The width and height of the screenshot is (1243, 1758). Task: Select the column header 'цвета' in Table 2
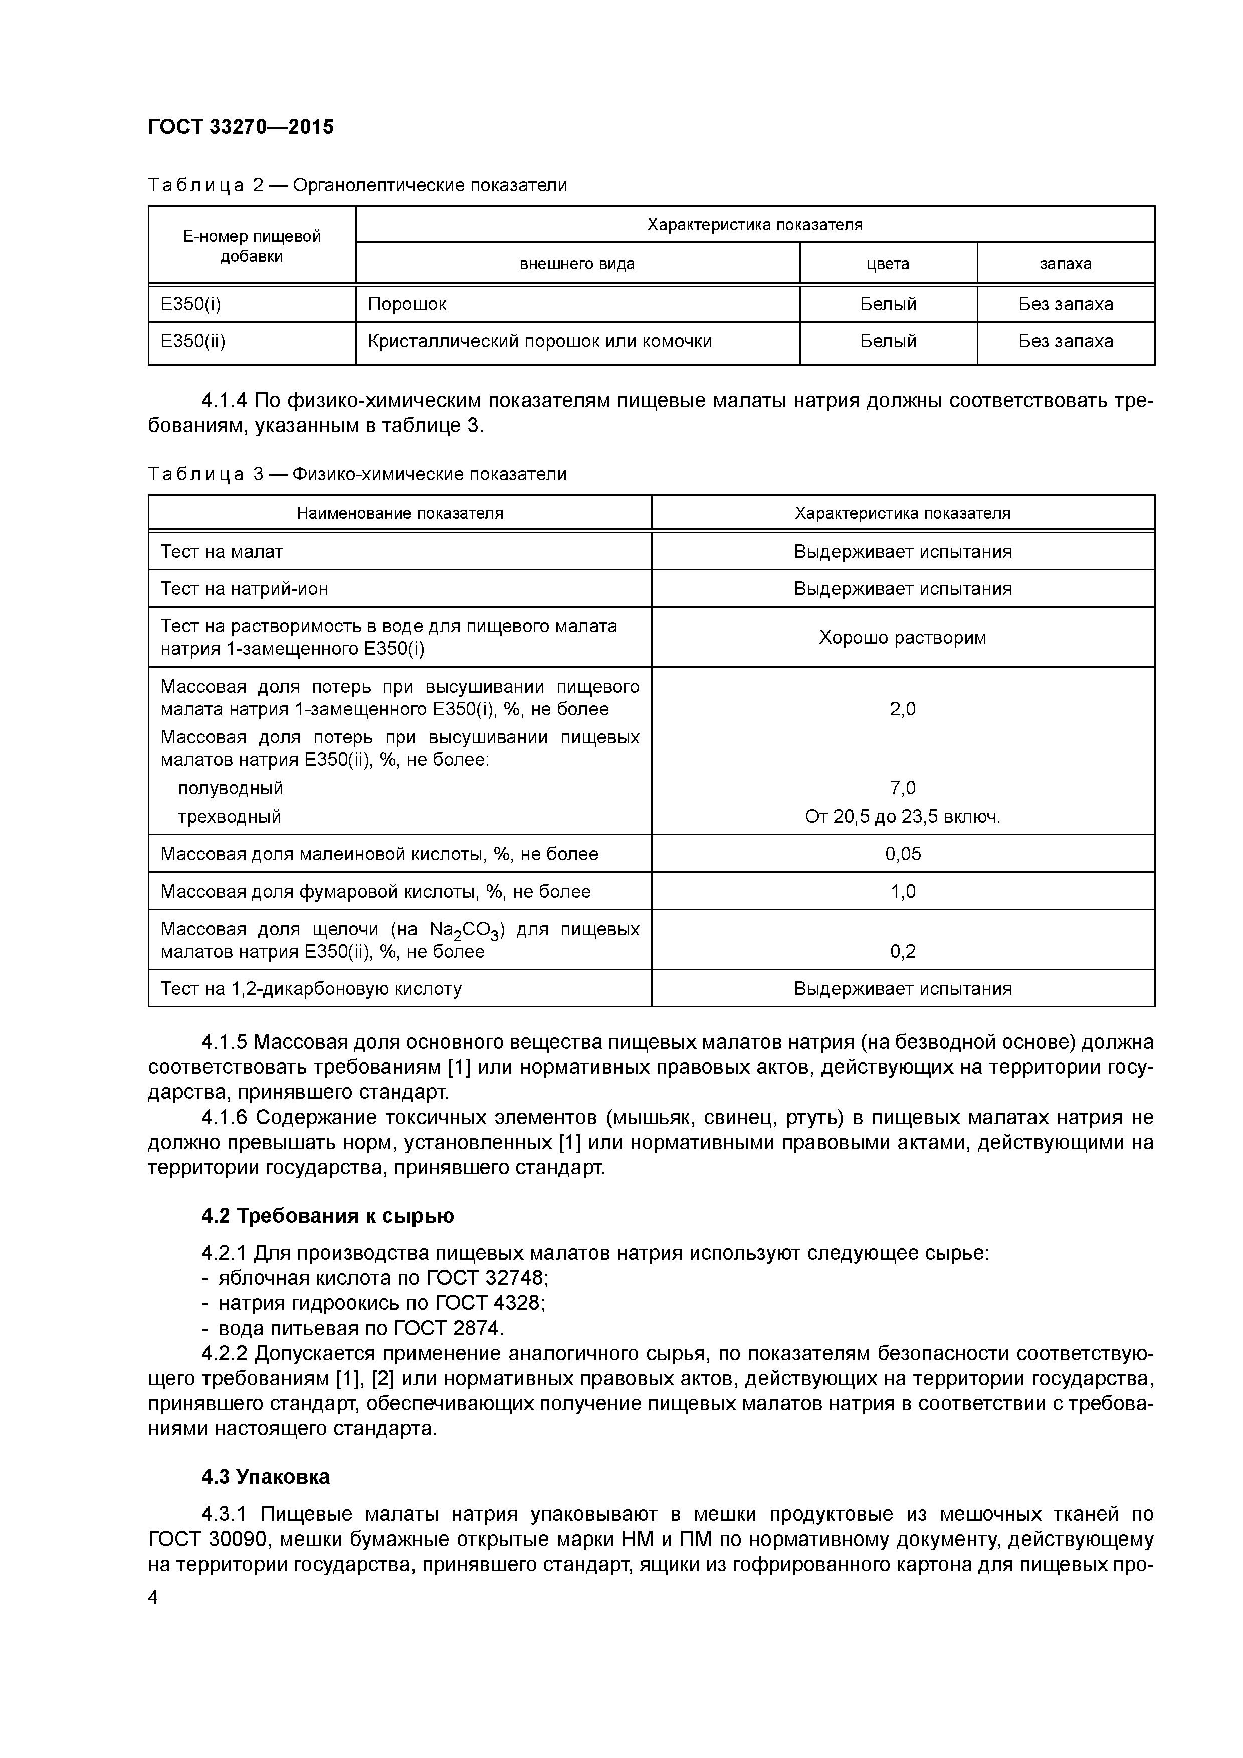pos(888,264)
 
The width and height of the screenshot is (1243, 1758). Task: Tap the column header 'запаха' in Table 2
pos(1065,264)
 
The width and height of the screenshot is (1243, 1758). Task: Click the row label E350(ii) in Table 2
pos(193,341)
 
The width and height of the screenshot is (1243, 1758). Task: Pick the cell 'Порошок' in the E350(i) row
pos(406,305)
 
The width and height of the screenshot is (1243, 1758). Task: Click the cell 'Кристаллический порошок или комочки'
pos(539,341)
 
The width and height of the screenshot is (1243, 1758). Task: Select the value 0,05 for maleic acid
pos(903,854)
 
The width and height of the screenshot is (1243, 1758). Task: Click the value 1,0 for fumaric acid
pos(903,891)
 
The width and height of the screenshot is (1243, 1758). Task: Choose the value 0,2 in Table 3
pos(903,952)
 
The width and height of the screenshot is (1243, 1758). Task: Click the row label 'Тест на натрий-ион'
pos(244,589)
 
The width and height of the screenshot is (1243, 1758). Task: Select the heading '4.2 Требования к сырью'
pos(328,1216)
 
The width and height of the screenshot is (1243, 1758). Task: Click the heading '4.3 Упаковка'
pos(266,1477)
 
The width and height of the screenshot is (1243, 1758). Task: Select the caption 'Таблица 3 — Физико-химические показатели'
pos(357,475)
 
